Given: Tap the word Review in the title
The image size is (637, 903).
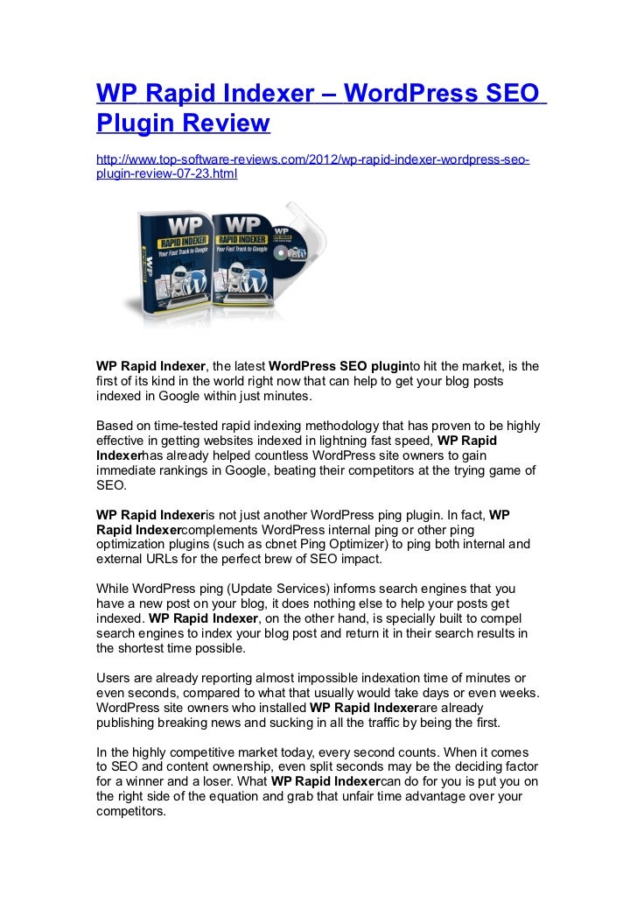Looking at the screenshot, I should point(226,123).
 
